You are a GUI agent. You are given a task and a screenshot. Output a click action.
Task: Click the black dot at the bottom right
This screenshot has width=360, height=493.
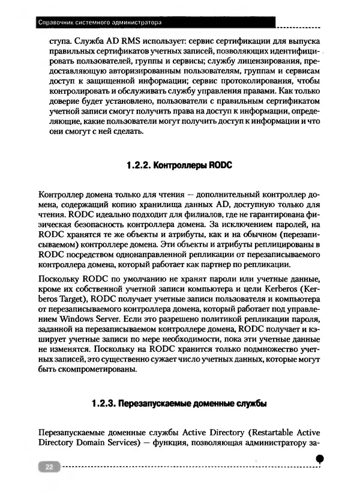(x=320, y=458)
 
